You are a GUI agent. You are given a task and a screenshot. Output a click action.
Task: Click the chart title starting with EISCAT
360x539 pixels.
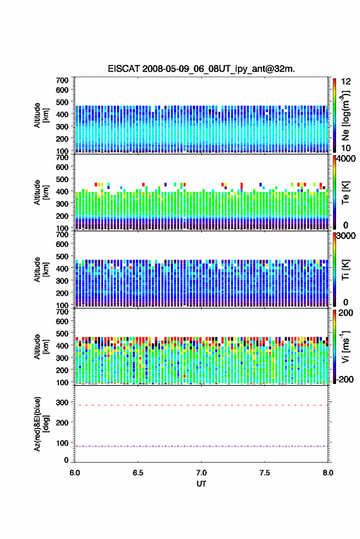click(x=201, y=69)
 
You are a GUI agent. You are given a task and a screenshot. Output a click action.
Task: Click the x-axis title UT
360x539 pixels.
click(x=201, y=484)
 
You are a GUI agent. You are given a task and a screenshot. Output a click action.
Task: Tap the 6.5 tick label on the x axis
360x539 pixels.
click(x=138, y=473)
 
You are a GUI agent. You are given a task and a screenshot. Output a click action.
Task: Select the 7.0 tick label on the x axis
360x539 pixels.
click(x=201, y=473)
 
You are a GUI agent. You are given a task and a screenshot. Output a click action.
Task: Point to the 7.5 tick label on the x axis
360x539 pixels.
click(x=264, y=473)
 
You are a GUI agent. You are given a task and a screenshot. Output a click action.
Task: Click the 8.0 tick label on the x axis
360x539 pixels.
click(x=327, y=473)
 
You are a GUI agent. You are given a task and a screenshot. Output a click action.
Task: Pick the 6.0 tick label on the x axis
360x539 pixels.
click(x=75, y=473)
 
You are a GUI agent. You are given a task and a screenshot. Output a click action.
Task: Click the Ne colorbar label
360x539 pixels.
click(x=345, y=115)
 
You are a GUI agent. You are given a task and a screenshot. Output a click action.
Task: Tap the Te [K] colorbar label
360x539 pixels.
click(x=345, y=193)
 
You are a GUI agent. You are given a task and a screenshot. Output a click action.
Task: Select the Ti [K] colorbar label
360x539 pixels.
click(x=345, y=270)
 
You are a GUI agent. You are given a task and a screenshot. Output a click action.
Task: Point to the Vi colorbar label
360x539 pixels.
click(x=345, y=346)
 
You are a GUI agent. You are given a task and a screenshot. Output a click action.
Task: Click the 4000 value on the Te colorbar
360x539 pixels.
click(x=345, y=159)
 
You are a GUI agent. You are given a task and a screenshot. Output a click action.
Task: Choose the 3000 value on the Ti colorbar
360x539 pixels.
click(x=345, y=236)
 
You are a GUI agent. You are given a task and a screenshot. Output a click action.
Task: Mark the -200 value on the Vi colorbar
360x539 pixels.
click(x=345, y=379)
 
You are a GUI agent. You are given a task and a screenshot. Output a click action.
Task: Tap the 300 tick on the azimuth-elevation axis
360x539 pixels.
click(x=62, y=402)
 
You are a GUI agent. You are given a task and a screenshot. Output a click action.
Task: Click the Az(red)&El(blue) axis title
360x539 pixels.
click(x=41, y=424)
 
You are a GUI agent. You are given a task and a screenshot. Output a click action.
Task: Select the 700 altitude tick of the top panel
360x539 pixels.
click(x=62, y=80)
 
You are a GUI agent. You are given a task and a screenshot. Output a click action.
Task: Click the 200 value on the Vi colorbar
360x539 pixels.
click(x=345, y=313)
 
